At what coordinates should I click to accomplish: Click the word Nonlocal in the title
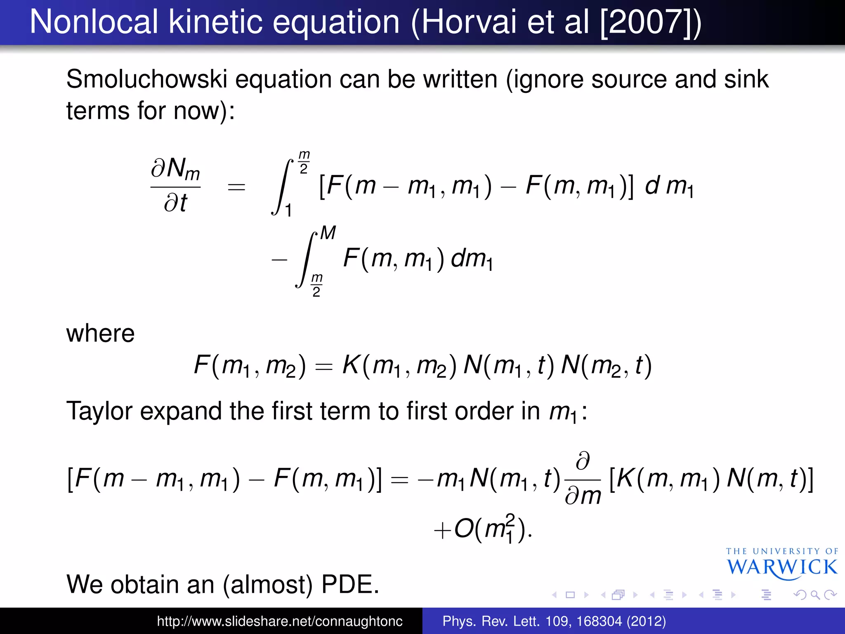click(94, 22)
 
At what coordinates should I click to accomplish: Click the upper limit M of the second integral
click(328, 233)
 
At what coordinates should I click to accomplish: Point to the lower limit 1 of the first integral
click(288, 211)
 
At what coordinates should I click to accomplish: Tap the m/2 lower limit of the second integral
click(316, 285)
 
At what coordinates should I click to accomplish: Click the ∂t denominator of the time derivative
click(175, 203)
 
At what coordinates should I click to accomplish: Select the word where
click(100, 334)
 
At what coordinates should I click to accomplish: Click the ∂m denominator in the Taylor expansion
click(583, 496)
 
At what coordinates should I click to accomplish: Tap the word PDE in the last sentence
click(350, 584)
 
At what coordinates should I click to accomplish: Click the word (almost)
click(268, 584)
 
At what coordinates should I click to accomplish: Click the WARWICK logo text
click(782, 567)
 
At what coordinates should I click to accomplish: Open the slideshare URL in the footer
click(279, 621)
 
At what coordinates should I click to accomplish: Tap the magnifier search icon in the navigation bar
click(815, 595)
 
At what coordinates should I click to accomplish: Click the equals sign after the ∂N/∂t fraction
click(236, 187)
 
